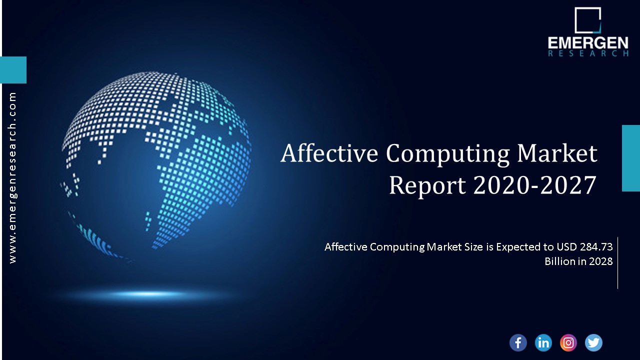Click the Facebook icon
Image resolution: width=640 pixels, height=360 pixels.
point(518,342)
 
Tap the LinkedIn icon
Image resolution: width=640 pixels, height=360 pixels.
point(543,342)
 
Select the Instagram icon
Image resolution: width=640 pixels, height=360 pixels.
point(568,342)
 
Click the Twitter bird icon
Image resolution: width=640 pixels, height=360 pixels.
point(593,342)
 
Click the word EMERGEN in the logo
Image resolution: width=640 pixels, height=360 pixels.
point(588,43)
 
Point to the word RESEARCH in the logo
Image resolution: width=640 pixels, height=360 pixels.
point(588,53)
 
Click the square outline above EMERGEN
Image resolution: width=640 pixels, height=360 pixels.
point(587,20)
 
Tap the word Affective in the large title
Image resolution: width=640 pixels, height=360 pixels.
point(329,153)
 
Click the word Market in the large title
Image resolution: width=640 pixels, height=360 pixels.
point(557,153)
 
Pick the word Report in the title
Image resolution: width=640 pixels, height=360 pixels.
point(427,185)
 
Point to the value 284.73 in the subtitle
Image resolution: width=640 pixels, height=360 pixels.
point(596,246)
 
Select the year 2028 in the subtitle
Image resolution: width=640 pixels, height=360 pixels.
point(601,261)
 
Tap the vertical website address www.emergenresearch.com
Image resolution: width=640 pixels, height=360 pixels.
point(12,177)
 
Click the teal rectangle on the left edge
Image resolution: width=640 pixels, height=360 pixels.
point(13,69)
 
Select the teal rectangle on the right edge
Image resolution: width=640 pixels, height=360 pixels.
point(630,158)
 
